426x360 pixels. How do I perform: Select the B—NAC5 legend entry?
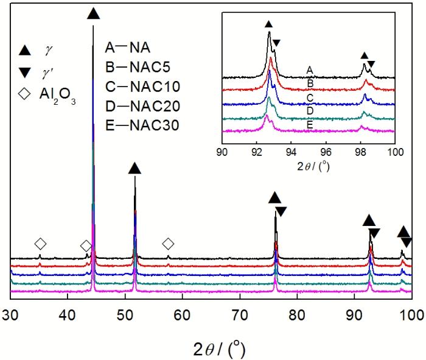(135, 66)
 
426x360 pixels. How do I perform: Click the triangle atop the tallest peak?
(93, 13)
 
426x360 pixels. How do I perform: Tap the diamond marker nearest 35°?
(40, 244)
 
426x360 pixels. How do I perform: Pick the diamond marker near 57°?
(169, 244)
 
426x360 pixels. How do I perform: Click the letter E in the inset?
(310, 122)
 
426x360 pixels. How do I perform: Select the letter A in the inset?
(310, 70)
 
